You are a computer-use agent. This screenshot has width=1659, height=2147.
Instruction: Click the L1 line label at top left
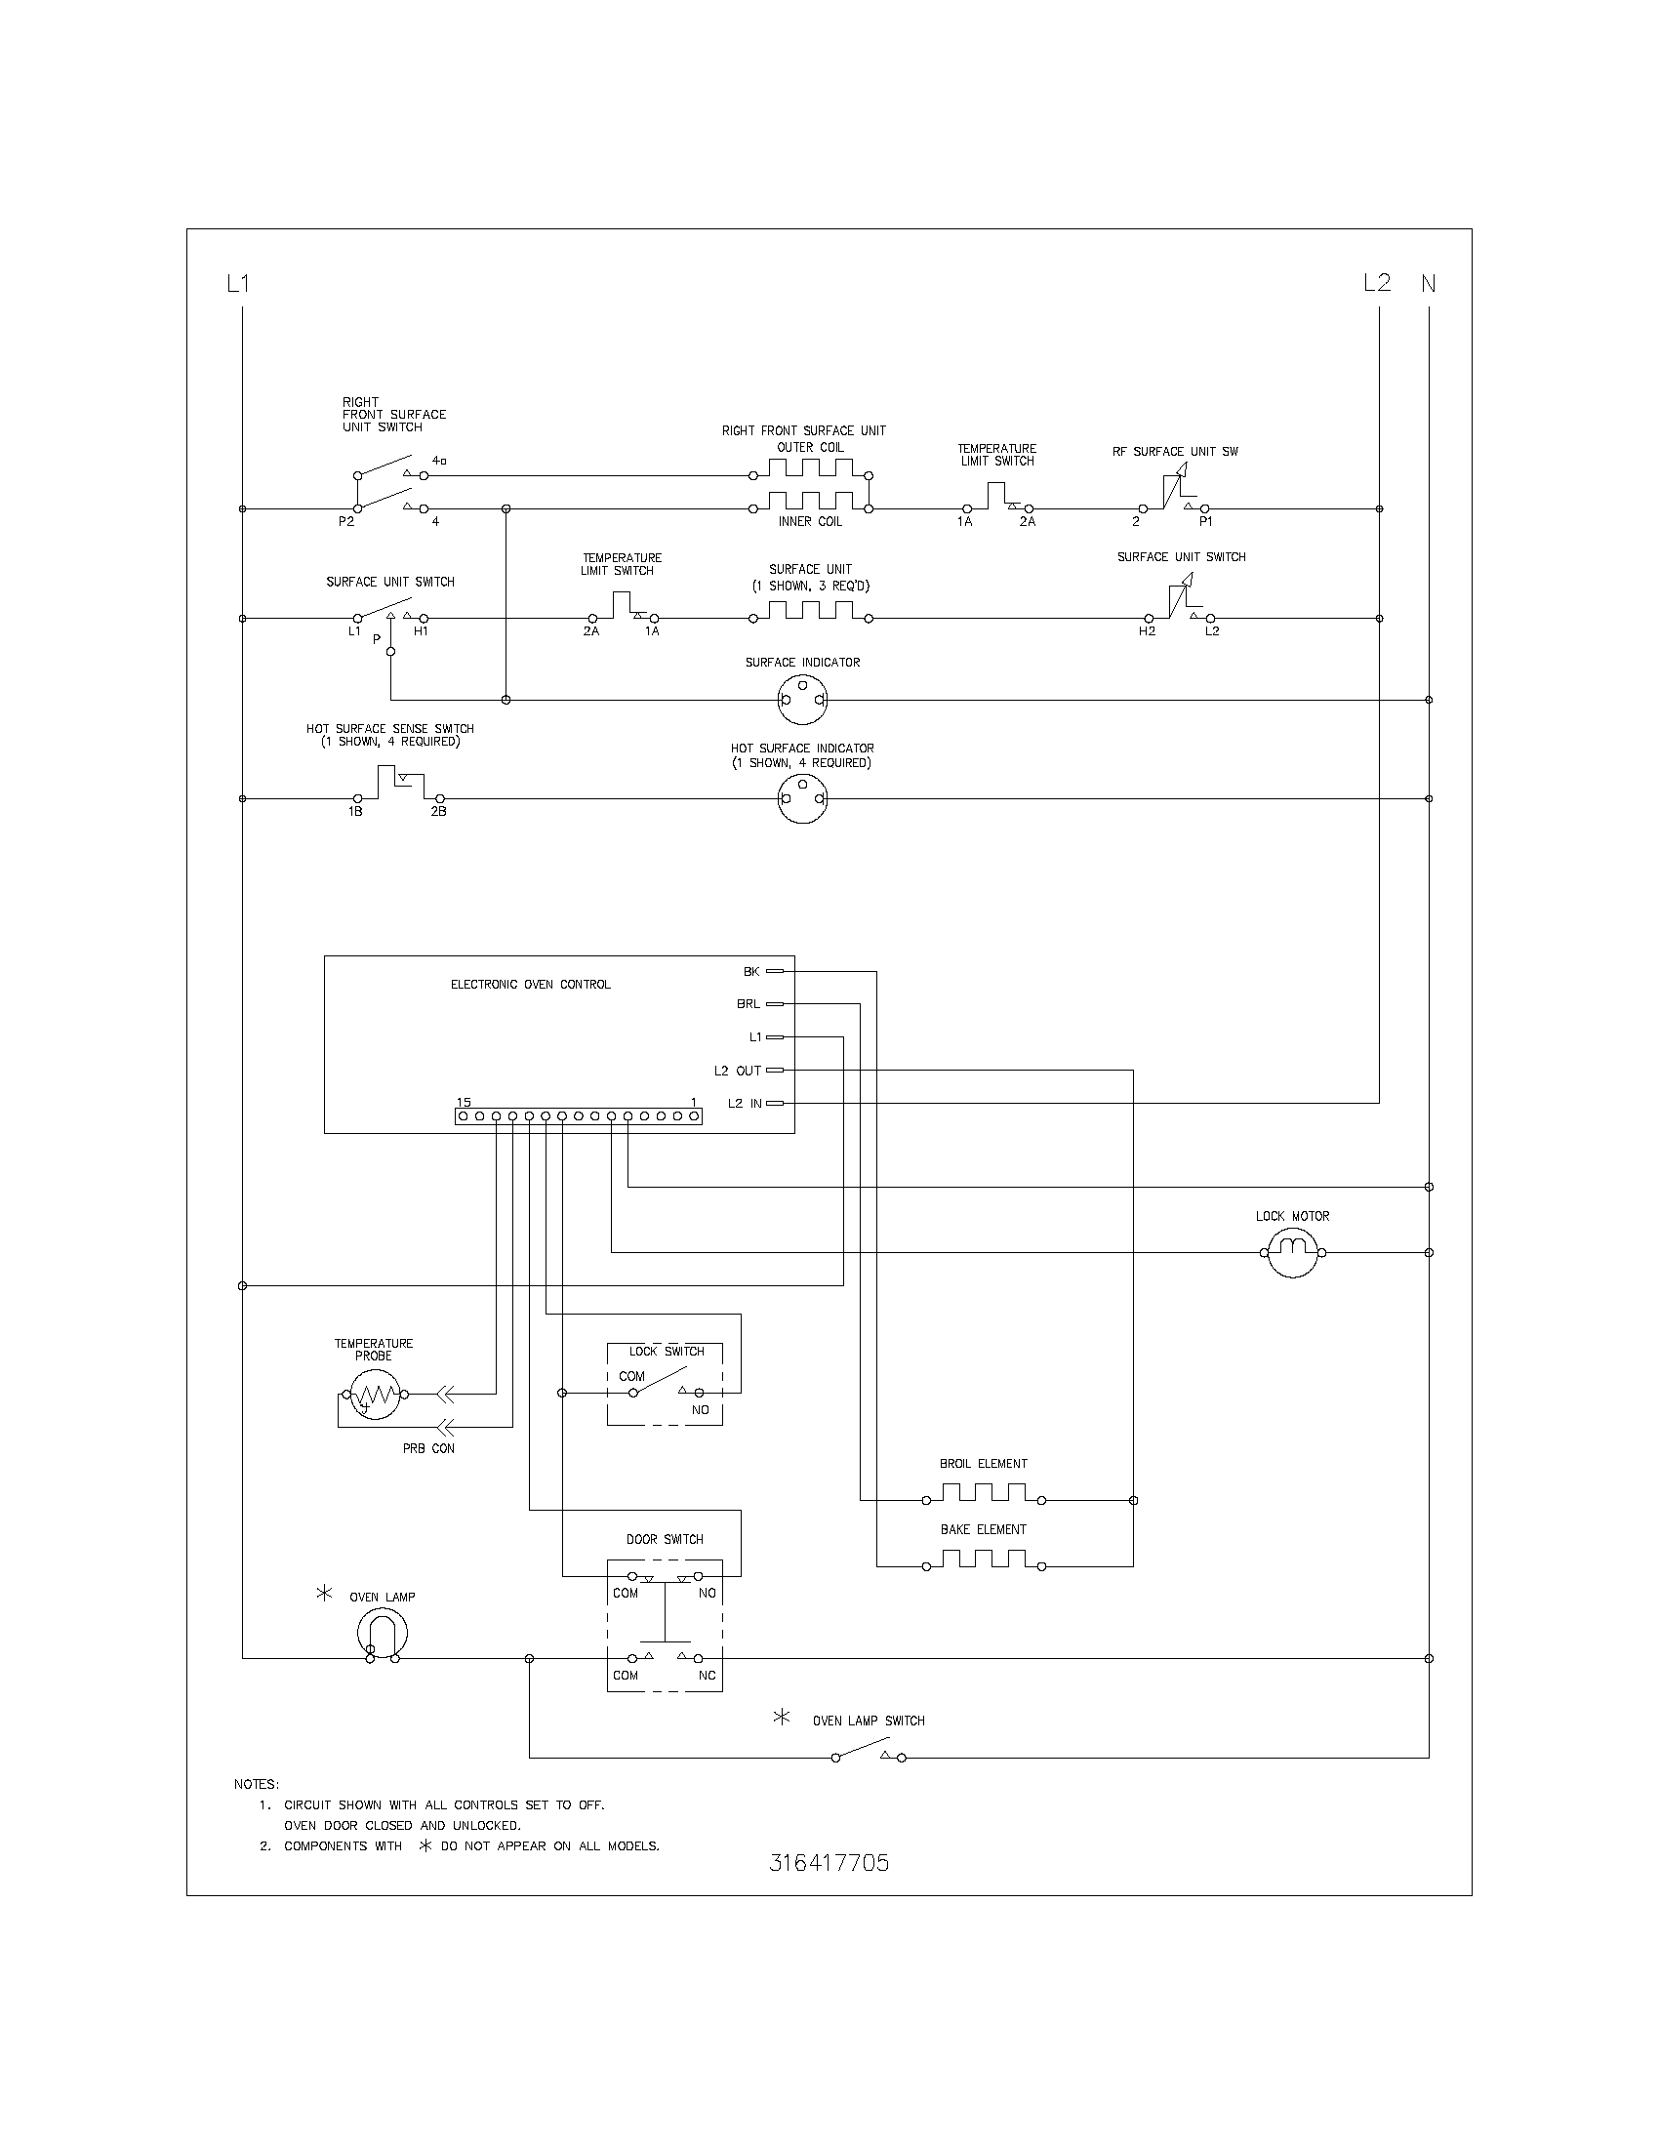point(238,284)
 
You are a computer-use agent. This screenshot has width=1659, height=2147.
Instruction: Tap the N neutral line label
point(1428,284)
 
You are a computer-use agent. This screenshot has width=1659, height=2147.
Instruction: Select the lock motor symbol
point(1292,1252)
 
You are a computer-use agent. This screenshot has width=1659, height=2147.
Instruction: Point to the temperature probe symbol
point(373,1394)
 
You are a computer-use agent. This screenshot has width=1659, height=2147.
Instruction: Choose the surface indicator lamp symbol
point(802,701)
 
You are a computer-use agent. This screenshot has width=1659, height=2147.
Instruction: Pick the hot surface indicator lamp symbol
point(802,798)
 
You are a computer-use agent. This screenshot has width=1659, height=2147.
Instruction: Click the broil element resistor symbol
point(983,1495)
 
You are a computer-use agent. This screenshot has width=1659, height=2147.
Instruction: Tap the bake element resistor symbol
point(983,1561)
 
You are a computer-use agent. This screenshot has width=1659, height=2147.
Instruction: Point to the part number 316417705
point(829,1863)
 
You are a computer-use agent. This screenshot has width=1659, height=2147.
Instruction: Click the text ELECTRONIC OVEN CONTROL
point(531,984)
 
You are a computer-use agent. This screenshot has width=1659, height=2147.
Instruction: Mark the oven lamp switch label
point(868,1721)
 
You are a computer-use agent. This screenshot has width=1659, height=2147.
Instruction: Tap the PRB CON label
point(428,1448)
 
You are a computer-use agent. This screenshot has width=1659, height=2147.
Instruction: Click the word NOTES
point(257,1784)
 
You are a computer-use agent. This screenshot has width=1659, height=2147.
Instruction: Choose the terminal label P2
point(346,522)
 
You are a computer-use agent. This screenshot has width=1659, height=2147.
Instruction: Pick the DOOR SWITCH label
point(665,1539)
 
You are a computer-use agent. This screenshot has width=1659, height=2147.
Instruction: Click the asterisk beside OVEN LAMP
point(324,1594)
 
